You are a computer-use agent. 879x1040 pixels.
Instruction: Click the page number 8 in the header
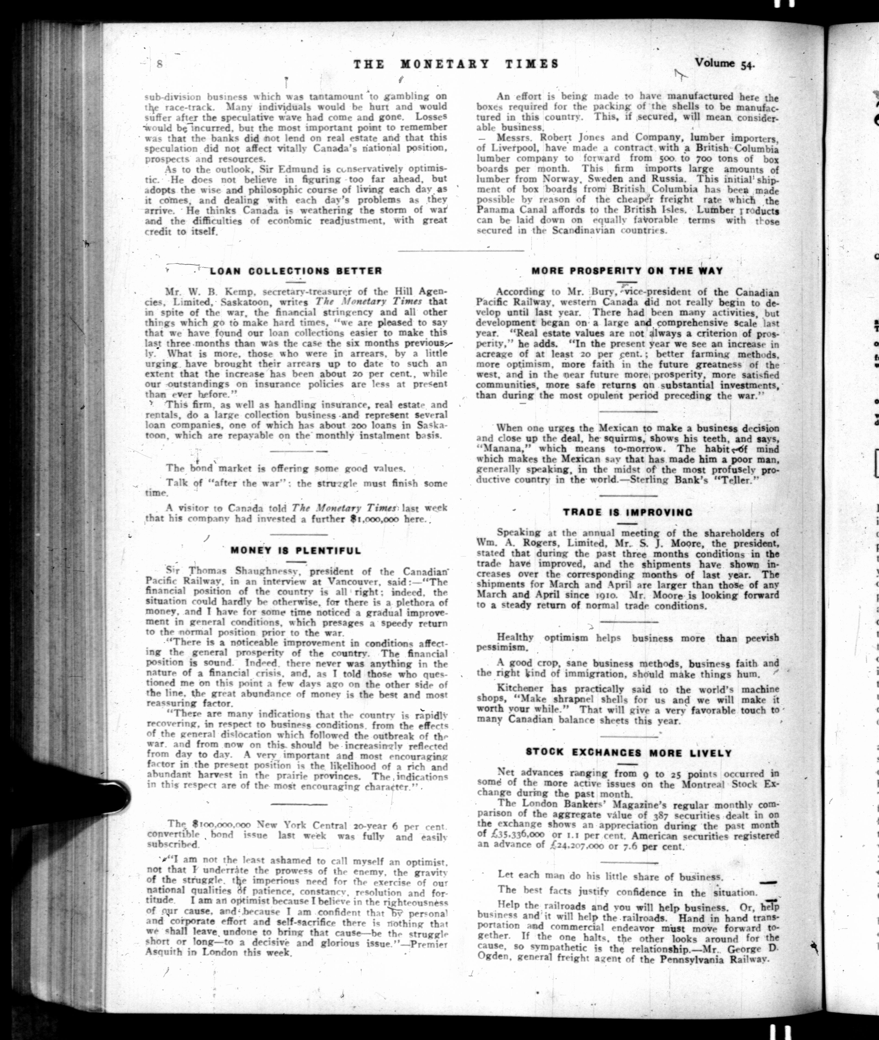[160, 64]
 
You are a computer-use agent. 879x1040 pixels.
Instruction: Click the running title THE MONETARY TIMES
[456, 64]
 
